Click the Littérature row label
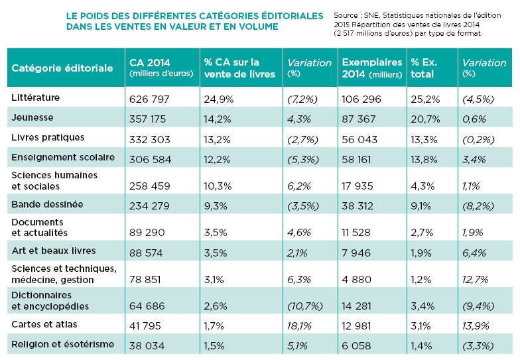point(36,97)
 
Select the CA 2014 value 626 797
point(149,99)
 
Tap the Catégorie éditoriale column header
point(62,68)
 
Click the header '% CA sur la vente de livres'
point(239,68)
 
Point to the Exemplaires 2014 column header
point(371,68)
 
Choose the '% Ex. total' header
point(424,68)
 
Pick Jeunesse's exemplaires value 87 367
point(358,119)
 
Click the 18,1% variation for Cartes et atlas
point(299,326)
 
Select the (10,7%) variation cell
point(305,306)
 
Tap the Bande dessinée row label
point(47,204)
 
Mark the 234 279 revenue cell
point(149,206)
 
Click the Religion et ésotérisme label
point(62,344)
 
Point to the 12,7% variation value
point(475,280)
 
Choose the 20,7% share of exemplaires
point(426,119)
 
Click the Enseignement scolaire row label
point(63,157)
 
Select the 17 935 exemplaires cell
point(357,186)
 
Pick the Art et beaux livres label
point(54,251)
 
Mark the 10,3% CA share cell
point(218,186)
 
